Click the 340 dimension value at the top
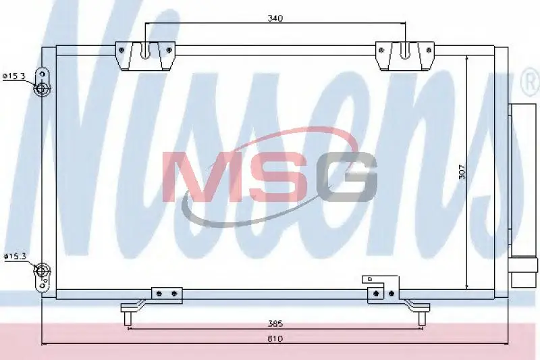click(275, 18)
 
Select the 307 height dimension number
click(462, 172)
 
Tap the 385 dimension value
click(275, 324)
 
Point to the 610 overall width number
click(275, 339)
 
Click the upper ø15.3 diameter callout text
click(13, 76)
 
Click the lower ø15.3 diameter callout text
click(15, 256)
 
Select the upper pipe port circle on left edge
click(41, 88)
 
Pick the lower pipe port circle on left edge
click(42, 269)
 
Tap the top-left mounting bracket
click(145, 56)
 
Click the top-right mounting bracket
click(405, 56)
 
